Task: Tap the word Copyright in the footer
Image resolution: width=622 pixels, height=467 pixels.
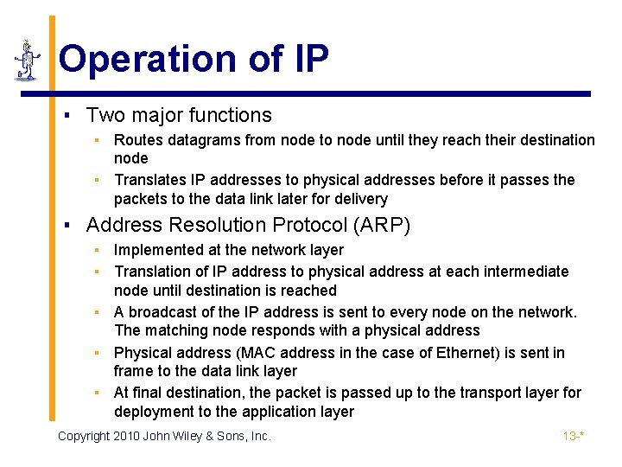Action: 83,436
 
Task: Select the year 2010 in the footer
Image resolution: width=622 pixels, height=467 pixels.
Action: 125,436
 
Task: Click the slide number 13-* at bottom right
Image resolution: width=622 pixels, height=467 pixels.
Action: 574,436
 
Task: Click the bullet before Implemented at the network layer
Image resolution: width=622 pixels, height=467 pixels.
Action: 98,250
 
